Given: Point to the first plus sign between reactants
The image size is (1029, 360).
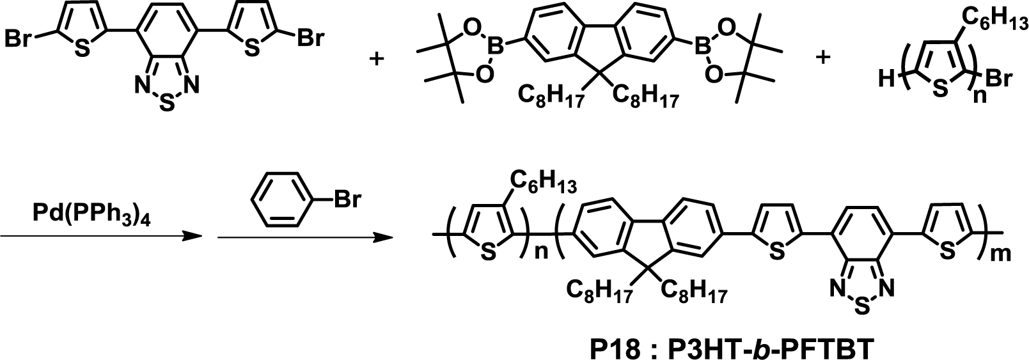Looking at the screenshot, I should (x=378, y=59).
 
